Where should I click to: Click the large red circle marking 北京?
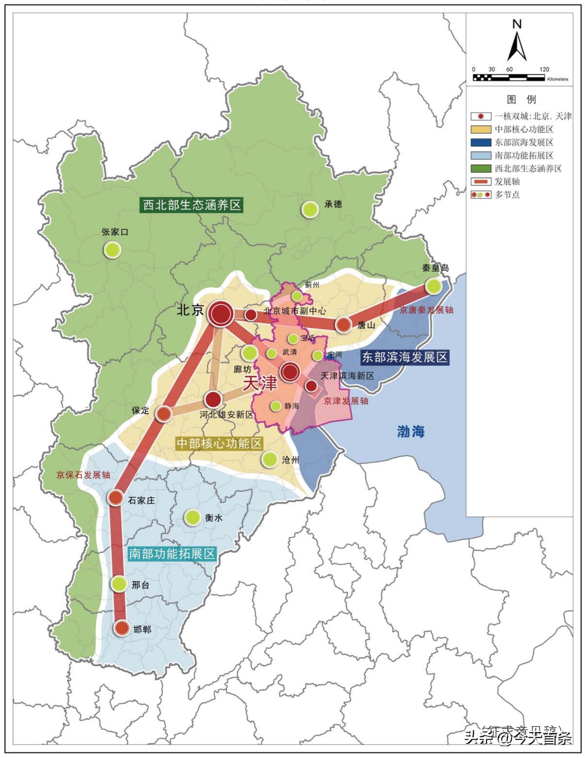tap(221, 314)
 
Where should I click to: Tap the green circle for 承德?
tap(310, 210)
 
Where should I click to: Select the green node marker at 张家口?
tap(112, 250)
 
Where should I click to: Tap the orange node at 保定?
tap(164, 414)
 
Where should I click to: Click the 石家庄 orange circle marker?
tap(116, 498)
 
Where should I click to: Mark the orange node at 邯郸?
tap(122, 628)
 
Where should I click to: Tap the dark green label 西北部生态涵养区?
tap(192, 205)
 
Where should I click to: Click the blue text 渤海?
tap(411, 432)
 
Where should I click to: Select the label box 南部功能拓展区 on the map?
tap(172, 554)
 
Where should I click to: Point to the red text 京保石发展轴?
tap(83, 475)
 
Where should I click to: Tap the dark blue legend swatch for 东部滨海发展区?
tap(481, 142)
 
